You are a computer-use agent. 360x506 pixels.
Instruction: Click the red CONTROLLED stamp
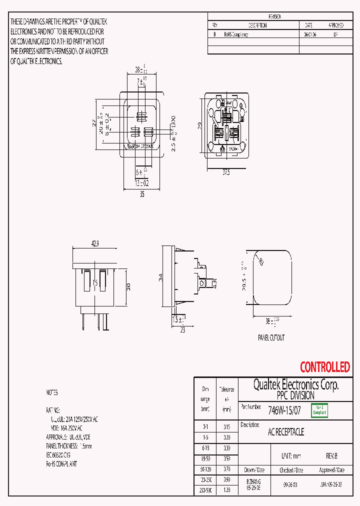324,367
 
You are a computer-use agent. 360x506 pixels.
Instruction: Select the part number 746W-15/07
284,410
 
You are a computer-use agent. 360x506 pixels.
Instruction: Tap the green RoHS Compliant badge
319,410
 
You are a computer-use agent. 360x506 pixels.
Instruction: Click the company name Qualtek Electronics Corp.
295,385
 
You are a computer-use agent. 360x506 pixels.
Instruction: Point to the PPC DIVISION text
295,395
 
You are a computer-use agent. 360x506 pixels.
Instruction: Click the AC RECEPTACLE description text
286,432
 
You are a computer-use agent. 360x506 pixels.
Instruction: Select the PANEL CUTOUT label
271,338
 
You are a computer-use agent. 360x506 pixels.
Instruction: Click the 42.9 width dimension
94,243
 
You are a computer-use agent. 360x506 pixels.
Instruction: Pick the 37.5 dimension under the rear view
226,172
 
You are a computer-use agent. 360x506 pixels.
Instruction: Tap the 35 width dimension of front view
141,194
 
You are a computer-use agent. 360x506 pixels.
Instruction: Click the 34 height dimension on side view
159,276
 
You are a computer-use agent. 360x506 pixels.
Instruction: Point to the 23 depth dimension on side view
182,330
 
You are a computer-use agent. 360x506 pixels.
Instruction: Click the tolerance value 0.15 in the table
226,427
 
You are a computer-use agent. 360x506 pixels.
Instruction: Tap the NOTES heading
52,393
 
